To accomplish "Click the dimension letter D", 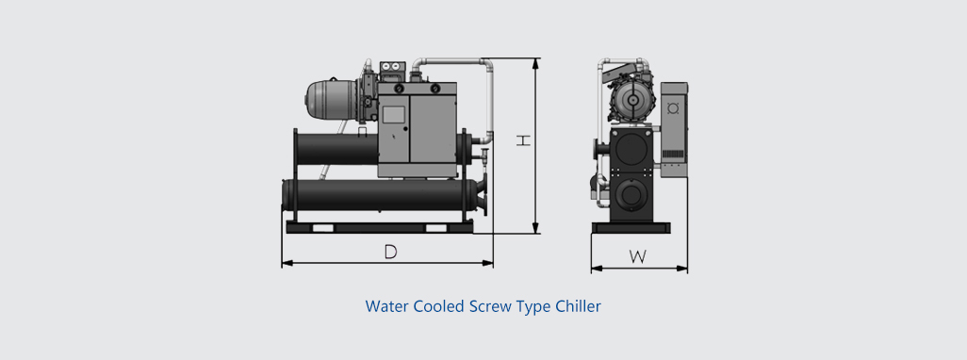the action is (x=390, y=253).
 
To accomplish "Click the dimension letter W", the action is (x=638, y=257).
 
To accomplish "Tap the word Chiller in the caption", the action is (x=578, y=305).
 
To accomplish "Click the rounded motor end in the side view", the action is (x=315, y=99).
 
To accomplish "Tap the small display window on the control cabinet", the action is (x=393, y=115).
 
